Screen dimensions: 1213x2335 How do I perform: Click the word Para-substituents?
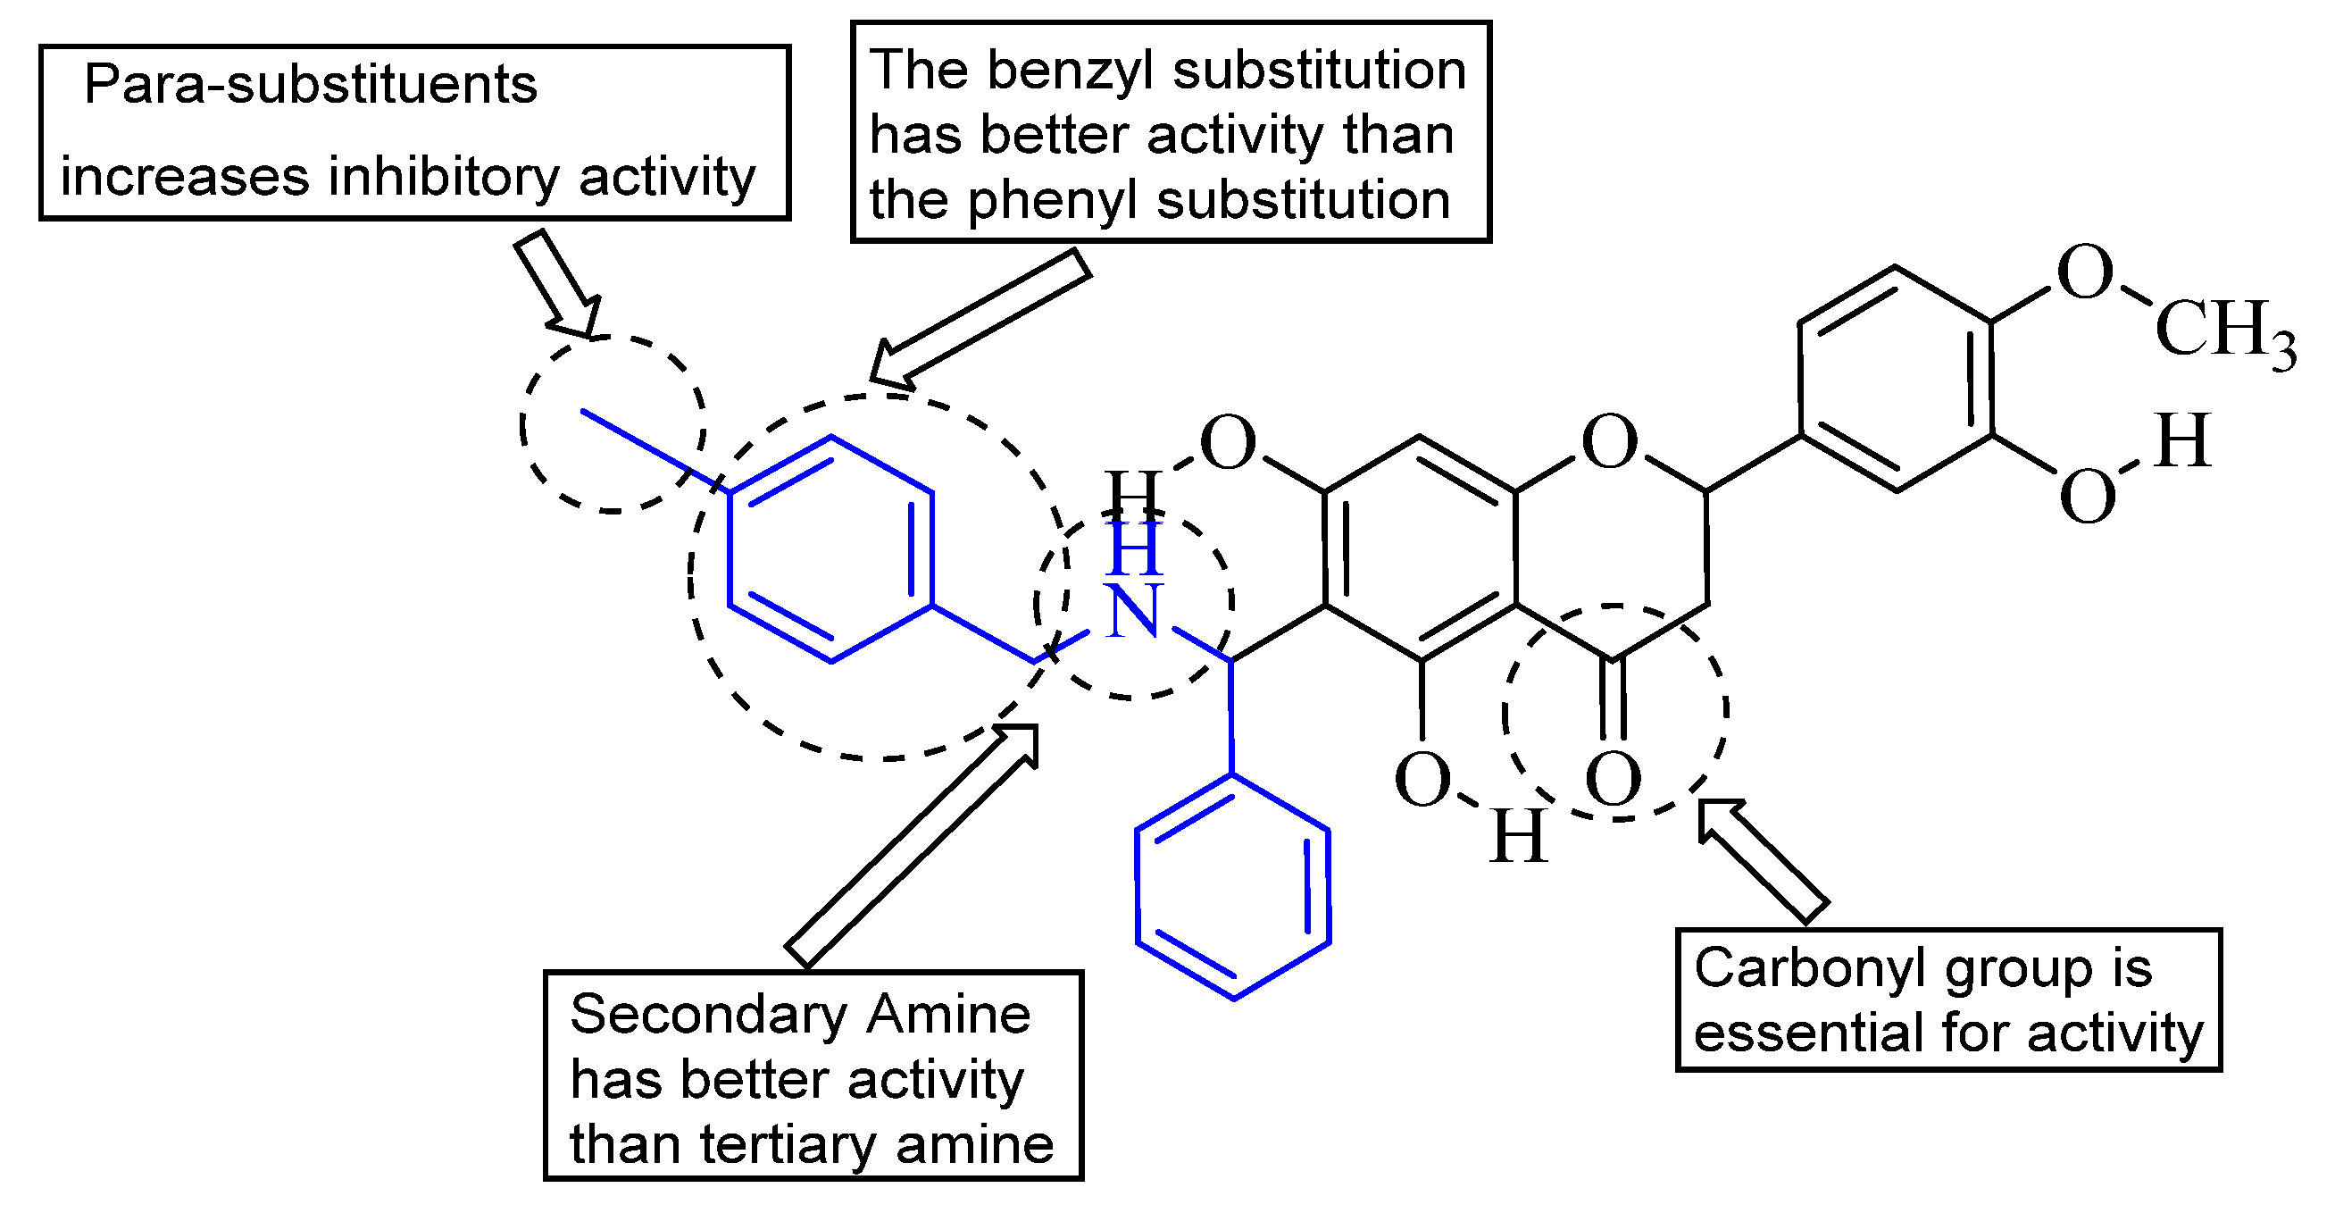tap(310, 85)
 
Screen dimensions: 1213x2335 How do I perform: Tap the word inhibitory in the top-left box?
tap(443, 177)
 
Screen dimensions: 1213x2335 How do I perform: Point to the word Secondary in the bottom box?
tap(709, 1015)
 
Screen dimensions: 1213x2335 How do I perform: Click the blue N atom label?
tap(1133, 610)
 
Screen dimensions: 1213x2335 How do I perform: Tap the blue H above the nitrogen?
tap(1134, 548)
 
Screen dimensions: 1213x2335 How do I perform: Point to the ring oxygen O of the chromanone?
tap(1609, 443)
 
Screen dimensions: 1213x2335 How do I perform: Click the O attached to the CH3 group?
tap(2085, 272)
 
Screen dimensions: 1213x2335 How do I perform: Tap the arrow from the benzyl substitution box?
tap(979, 317)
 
